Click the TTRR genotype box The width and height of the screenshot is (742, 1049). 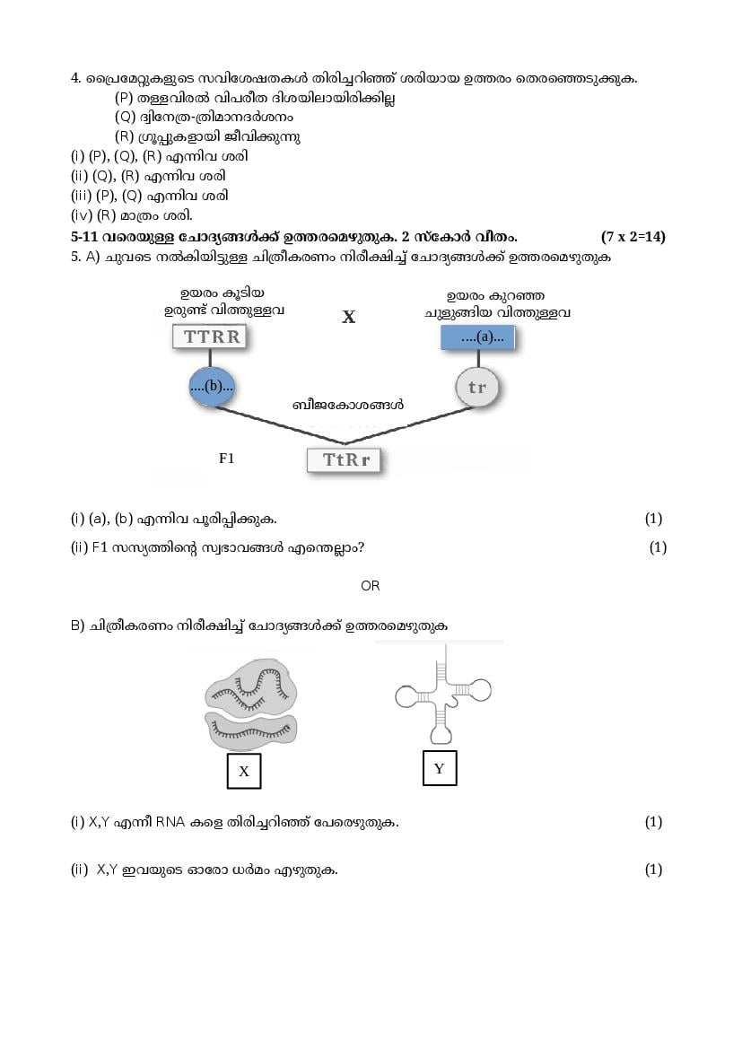[x=212, y=337]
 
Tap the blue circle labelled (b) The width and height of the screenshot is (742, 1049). [x=212, y=387]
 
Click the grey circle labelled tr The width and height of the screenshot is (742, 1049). [x=476, y=388]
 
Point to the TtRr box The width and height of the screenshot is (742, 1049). [x=345, y=460]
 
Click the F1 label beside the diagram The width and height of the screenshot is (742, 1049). [x=226, y=458]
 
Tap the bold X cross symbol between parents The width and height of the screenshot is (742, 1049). [x=348, y=317]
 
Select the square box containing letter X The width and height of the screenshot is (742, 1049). [x=243, y=771]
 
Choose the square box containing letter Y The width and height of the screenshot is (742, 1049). [x=439, y=768]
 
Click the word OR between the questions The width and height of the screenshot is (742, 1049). [x=370, y=586]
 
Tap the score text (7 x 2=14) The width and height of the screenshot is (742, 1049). [x=633, y=237]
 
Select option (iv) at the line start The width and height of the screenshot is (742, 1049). [x=82, y=215]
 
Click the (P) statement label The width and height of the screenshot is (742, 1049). [x=124, y=98]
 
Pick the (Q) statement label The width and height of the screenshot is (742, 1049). [x=125, y=118]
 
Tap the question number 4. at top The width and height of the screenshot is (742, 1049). [x=76, y=78]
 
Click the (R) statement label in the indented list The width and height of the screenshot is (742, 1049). [x=124, y=137]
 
